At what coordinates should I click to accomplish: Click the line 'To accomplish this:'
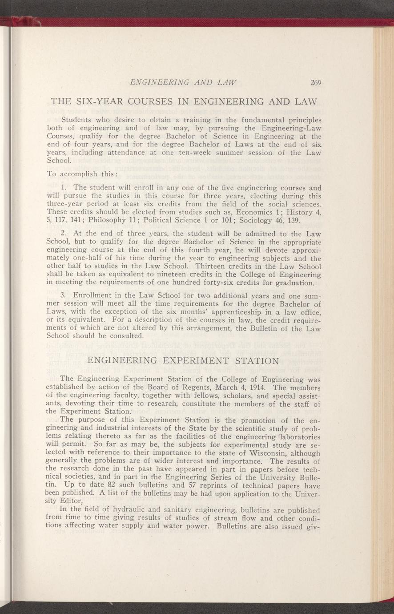pos(76,174)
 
